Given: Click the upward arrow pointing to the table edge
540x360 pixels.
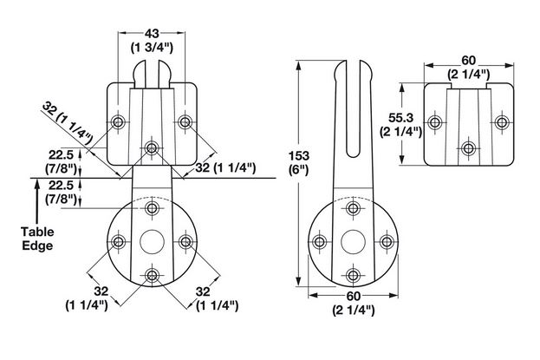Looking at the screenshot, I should [x=38, y=204].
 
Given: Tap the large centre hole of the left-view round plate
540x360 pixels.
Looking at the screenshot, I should [x=153, y=242].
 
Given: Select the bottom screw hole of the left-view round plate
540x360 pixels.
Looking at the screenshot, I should [x=153, y=277].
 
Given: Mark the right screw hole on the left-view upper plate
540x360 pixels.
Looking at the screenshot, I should [x=185, y=121].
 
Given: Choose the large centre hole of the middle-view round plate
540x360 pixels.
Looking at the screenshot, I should [x=353, y=242].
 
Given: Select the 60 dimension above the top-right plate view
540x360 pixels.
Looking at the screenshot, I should [x=469, y=60].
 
